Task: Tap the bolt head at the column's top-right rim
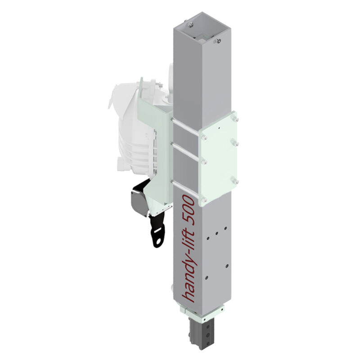tap(218, 41)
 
